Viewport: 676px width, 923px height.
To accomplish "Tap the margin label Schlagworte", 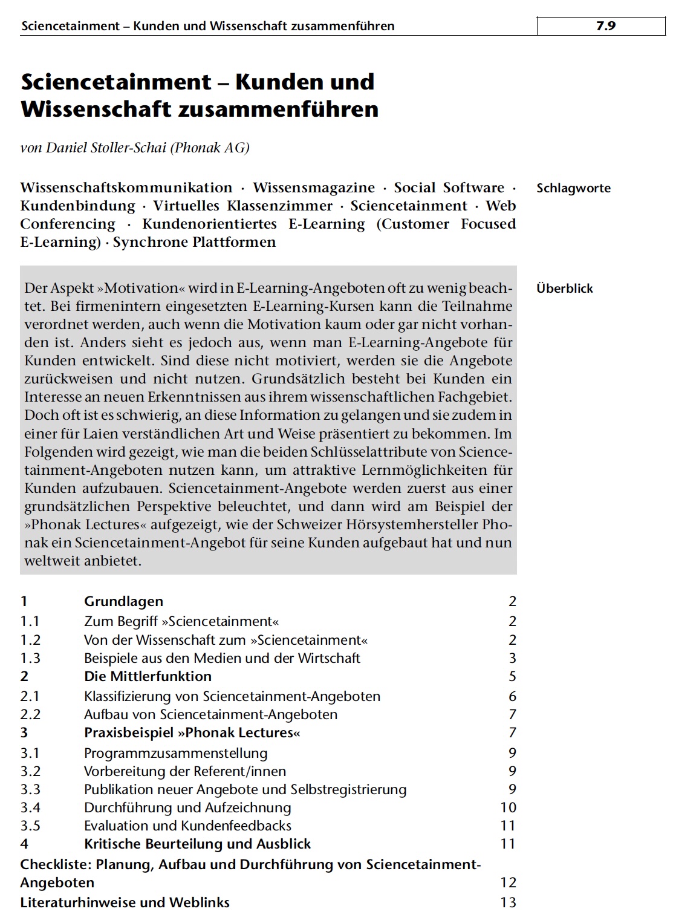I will click(573, 188).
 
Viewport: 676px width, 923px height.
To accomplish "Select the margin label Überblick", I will click(564, 289).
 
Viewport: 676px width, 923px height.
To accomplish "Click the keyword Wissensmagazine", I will click(313, 188).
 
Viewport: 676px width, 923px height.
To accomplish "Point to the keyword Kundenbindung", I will click(77, 206).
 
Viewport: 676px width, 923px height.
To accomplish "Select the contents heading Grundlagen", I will click(123, 601).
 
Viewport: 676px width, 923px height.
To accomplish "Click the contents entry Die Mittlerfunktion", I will click(148, 676).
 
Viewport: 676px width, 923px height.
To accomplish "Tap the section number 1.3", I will click(30, 658).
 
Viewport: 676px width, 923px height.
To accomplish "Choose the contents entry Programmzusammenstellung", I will click(175, 753).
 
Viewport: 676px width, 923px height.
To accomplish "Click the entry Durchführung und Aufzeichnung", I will click(187, 807).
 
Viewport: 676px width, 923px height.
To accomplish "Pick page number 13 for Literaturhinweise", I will click(508, 902).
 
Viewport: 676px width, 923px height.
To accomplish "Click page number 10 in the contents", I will click(508, 807).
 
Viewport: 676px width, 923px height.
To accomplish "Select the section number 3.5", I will click(30, 826).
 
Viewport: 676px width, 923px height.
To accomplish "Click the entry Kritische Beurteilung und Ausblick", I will click(197, 844).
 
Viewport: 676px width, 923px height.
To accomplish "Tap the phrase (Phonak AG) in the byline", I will click(210, 148).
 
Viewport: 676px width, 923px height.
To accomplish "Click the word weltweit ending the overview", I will click(52, 561).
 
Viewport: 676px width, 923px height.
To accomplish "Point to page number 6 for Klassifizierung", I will click(512, 696).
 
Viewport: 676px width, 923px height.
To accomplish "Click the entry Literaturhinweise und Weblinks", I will click(125, 902).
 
